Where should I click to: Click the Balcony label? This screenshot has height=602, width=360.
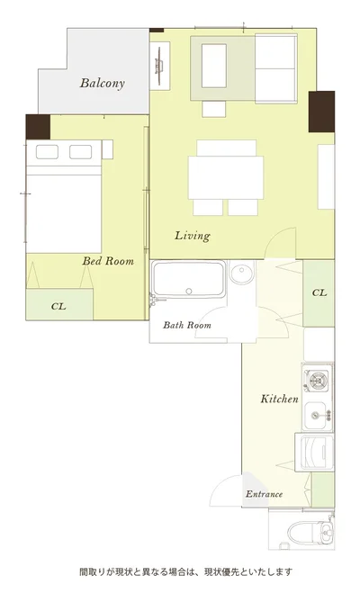click(102, 84)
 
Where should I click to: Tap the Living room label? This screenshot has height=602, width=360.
click(193, 236)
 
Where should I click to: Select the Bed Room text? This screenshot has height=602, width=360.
click(108, 261)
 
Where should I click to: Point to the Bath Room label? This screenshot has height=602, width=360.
click(187, 325)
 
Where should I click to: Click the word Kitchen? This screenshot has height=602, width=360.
click(279, 399)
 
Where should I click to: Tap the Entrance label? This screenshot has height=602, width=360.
click(264, 494)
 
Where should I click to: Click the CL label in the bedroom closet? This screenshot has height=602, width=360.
click(58, 306)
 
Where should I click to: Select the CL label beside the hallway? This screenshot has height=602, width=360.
click(319, 292)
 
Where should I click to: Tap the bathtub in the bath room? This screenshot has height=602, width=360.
click(188, 280)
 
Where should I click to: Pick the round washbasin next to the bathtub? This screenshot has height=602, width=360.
click(242, 273)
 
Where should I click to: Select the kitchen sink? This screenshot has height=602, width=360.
click(316, 415)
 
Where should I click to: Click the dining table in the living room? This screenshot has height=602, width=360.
click(226, 177)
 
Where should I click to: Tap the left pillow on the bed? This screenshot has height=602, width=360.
click(47, 152)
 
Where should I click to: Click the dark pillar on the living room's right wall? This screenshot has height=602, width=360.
click(321, 112)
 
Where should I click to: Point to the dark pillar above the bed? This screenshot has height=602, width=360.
click(38, 127)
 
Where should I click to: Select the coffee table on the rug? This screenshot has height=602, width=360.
click(214, 66)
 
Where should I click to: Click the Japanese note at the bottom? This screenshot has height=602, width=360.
click(185, 572)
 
